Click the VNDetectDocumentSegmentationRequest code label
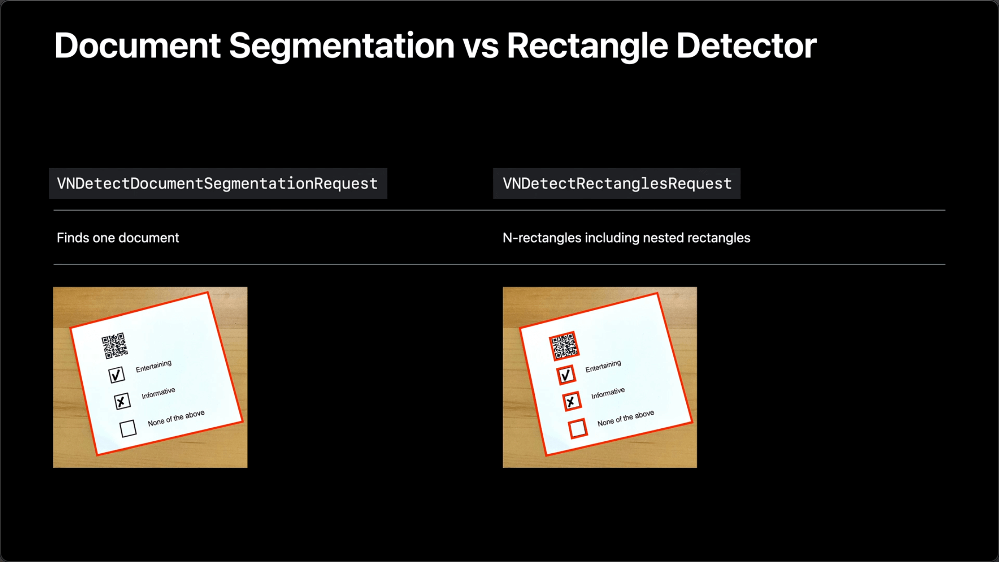[x=217, y=183]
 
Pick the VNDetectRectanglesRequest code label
[x=617, y=183]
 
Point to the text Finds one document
[x=118, y=238]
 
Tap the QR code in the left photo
[x=114, y=345]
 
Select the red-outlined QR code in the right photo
[x=564, y=346]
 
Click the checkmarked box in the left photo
[x=117, y=374]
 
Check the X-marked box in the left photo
[x=122, y=401]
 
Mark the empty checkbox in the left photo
[x=128, y=428]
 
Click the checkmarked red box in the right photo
[x=566, y=374]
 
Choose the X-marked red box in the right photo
[x=572, y=401]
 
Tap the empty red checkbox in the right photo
[x=578, y=428]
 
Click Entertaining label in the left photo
[x=154, y=366]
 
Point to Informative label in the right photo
[x=608, y=393]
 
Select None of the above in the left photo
[x=176, y=418]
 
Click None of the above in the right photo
[x=626, y=418]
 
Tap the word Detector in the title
[x=746, y=46]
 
